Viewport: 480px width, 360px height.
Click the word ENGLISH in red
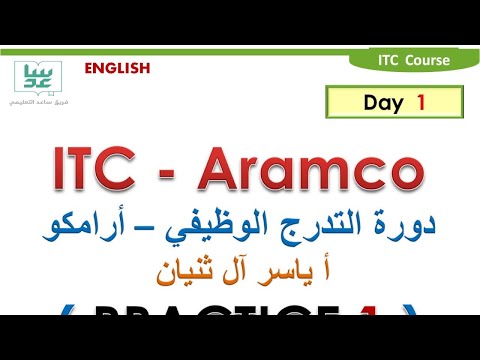tap(117, 68)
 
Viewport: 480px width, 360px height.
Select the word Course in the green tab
tap(427, 60)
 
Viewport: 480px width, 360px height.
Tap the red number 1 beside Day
tap(421, 101)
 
